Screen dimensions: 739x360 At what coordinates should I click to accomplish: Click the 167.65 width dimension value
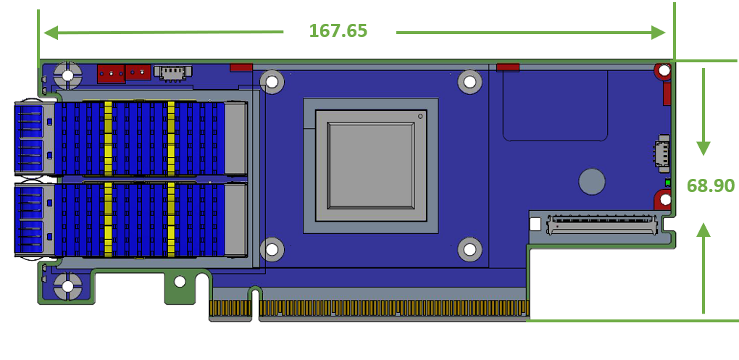pos(338,30)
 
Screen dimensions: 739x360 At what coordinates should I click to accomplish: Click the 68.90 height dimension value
pos(710,185)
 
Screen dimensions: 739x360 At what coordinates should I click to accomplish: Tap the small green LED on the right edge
pos(668,183)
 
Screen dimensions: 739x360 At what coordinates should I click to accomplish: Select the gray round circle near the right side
pos(592,181)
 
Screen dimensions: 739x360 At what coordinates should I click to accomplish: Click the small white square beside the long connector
pos(535,224)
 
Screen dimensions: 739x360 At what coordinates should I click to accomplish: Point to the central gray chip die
pos(372,165)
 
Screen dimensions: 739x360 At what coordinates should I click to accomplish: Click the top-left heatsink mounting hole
pos(272,82)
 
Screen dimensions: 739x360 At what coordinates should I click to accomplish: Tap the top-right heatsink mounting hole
pos(469,82)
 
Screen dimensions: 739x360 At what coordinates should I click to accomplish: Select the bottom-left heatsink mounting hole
pos(272,250)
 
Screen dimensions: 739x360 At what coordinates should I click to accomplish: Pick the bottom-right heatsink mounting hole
pos(470,250)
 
